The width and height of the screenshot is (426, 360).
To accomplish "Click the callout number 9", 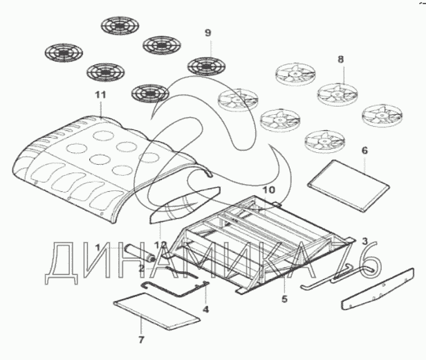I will tap(207, 33).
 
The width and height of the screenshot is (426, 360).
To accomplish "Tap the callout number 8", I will tap(340, 60).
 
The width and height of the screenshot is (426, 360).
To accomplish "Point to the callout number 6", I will tap(364, 150).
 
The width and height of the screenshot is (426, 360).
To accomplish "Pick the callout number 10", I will tap(269, 188).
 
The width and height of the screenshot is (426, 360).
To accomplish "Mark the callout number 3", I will tap(364, 240).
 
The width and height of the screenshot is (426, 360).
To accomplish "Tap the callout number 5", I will tap(284, 300).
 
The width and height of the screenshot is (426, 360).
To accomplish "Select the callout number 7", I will tap(141, 340).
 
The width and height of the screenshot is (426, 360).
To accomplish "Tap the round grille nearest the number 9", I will tap(207, 66).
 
